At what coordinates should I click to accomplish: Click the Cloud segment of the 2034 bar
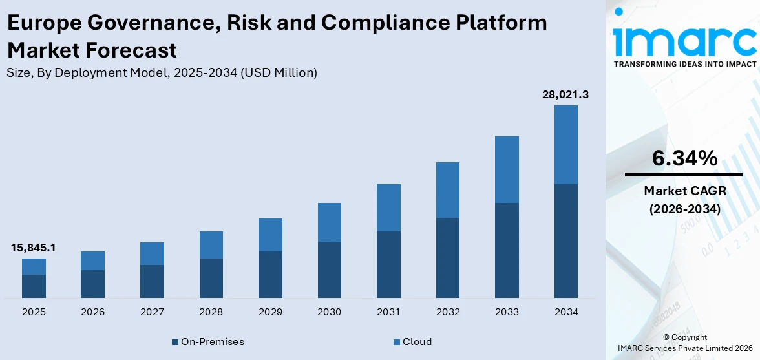tap(565, 145)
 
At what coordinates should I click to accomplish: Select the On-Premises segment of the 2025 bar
tap(34, 286)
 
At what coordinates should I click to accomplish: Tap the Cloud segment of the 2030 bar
tap(329, 222)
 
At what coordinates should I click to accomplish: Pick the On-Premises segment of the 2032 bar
tap(447, 257)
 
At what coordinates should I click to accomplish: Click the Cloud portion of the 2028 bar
tap(211, 245)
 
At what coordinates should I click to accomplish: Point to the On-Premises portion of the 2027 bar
tap(152, 281)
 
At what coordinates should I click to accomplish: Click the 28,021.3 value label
tap(565, 95)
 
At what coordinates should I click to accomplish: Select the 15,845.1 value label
tap(33, 248)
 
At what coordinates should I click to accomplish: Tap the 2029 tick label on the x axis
tap(270, 312)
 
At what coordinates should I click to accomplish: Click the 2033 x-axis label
tap(507, 312)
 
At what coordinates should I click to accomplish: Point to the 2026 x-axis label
tap(92, 312)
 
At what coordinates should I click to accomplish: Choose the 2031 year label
tap(388, 312)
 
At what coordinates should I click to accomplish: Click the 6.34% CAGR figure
tap(684, 158)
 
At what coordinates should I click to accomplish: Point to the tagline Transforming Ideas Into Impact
tap(684, 64)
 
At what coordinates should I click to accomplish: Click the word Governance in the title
tap(131, 23)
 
